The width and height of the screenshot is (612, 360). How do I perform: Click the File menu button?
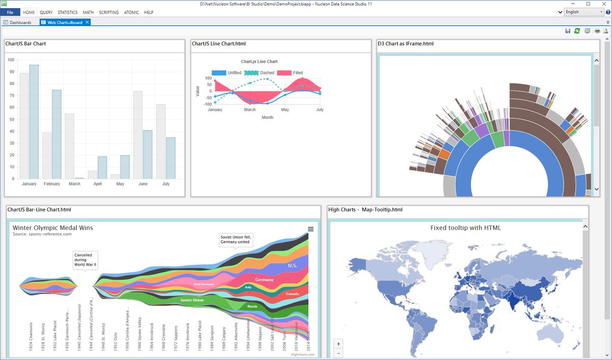coord(10,12)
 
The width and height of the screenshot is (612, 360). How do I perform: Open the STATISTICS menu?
coord(67,12)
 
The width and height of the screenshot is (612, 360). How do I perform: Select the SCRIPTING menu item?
coord(109,12)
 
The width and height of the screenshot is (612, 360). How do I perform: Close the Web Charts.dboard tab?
coord(87,22)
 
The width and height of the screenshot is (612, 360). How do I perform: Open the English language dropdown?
coord(584,12)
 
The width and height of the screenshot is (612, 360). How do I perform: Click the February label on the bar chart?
coord(52,184)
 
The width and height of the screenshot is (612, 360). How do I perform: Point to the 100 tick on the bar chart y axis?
coord(11,60)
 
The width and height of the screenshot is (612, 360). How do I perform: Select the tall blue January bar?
coord(34,122)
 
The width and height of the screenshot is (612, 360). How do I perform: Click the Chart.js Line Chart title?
coord(259,62)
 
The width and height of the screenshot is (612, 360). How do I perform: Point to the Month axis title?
coord(267,117)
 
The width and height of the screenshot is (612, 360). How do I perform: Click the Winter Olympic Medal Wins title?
coord(53,227)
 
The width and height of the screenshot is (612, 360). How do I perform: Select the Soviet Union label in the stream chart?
coord(192,300)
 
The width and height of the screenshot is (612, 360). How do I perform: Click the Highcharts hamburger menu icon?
coord(311,229)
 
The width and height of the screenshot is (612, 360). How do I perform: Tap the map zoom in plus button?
coord(339,344)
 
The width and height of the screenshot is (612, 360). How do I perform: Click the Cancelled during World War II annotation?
coord(85,260)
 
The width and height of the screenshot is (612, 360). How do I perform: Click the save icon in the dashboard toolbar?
coord(568,31)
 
